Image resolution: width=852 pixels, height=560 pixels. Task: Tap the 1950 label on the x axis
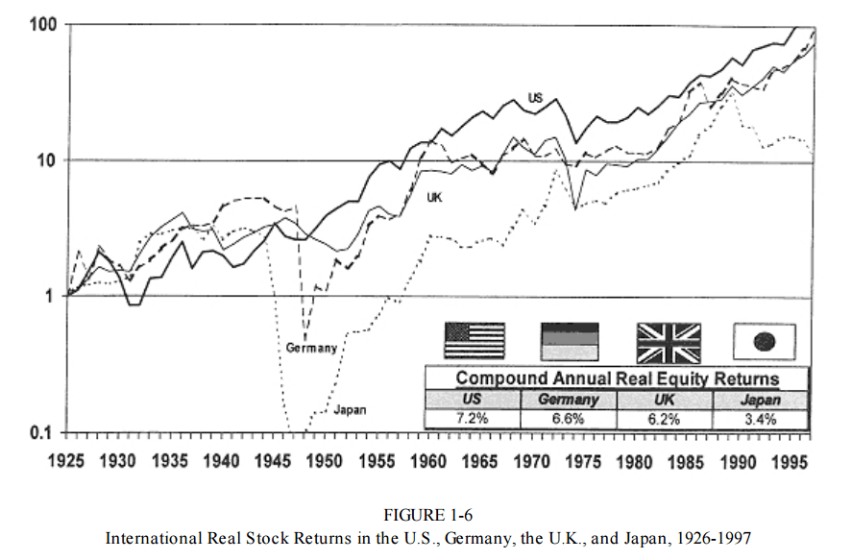tap(325, 460)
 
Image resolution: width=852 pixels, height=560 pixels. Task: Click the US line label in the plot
tap(535, 97)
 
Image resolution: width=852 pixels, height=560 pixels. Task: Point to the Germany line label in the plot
tap(311, 348)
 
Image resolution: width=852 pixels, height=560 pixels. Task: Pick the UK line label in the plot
tap(435, 197)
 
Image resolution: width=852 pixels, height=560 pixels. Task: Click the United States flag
tap(475, 340)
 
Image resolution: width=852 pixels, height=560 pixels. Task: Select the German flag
tap(570, 340)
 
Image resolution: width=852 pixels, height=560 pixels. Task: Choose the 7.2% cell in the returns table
tap(472, 419)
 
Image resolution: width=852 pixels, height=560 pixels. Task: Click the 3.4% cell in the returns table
tap(760, 419)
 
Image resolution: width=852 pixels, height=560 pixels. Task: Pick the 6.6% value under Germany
tap(568, 419)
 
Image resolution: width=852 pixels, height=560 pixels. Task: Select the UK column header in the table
tap(664, 400)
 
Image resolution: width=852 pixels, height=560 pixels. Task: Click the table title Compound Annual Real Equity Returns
tap(617, 378)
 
